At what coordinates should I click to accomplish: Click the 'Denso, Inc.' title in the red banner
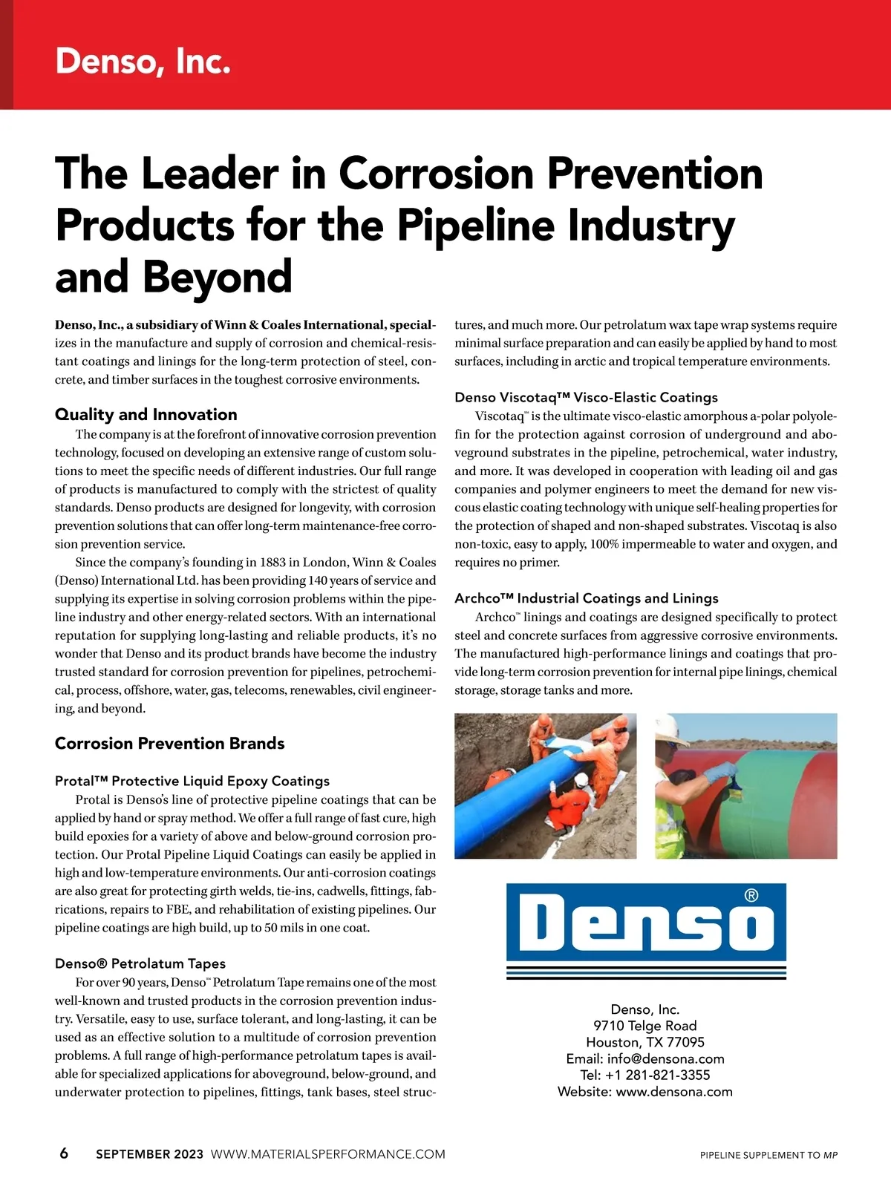(143, 61)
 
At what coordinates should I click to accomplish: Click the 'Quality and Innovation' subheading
(146, 414)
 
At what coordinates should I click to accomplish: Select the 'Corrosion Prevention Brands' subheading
(169, 743)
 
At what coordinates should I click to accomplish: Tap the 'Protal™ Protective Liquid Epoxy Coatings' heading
(192, 781)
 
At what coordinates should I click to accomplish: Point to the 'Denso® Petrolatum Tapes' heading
(140, 963)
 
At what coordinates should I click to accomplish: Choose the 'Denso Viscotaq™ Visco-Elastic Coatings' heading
(586, 397)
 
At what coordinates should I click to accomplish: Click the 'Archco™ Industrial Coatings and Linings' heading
(586, 598)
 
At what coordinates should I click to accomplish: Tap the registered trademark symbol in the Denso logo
(751, 896)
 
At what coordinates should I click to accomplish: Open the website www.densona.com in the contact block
(673, 1092)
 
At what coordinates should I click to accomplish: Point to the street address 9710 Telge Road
(644, 1026)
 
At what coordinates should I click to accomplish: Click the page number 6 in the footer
(64, 1153)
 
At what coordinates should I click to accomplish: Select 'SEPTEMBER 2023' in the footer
(149, 1154)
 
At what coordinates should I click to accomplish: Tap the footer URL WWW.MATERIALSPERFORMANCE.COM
(327, 1154)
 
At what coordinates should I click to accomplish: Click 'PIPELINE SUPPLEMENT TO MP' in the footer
(768, 1155)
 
